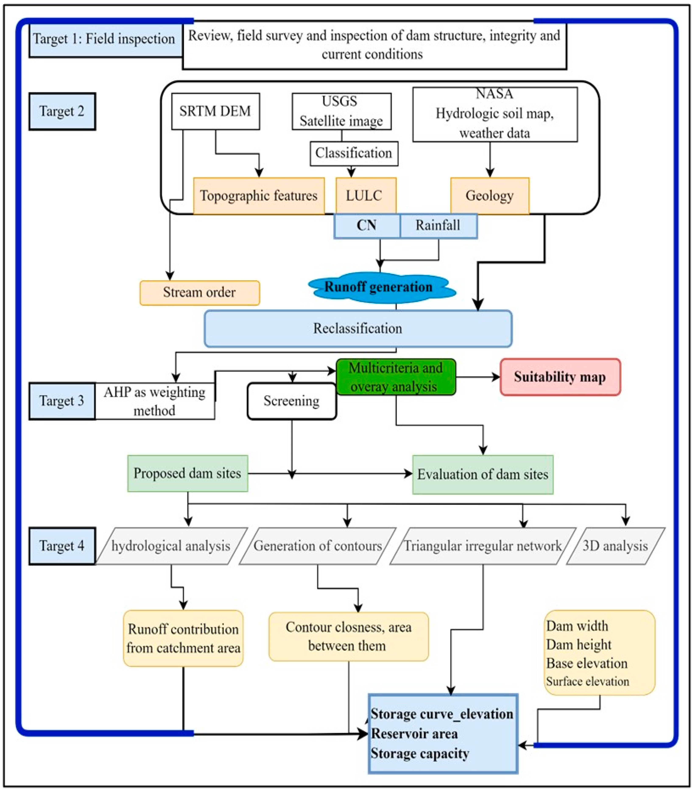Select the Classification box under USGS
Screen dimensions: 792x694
[x=354, y=153]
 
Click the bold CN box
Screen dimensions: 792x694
[x=366, y=226]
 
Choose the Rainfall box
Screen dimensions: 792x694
[x=438, y=226]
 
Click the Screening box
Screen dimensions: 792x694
[x=292, y=401]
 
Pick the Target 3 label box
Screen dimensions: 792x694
[x=62, y=401]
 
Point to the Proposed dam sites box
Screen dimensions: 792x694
[x=187, y=473]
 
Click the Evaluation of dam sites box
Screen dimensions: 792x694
[x=483, y=474]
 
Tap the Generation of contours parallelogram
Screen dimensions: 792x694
[x=318, y=546]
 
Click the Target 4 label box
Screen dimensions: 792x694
[x=62, y=546]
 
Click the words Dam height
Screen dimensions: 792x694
[x=579, y=645]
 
